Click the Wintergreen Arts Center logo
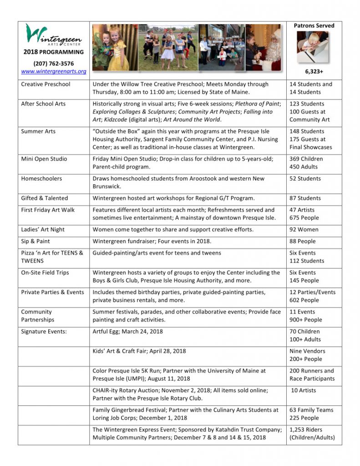click(53, 35)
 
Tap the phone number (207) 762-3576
click(53, 64)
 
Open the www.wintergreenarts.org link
click(53, 71)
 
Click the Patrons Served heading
click(314, 25)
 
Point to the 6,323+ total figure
click(314, 71)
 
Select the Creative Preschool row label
click(46, 84)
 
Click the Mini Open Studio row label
click(44, 159)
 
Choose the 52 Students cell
click(305, 178)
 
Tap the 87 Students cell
click(305, 198)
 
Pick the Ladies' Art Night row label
click(42, 229)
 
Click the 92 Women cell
click(304, 229)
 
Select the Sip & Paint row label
click(35, 241)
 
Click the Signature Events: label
click(44, 331)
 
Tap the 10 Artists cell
click(304, 390)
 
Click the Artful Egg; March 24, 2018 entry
click(127, 331)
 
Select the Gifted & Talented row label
click(44, 198)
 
